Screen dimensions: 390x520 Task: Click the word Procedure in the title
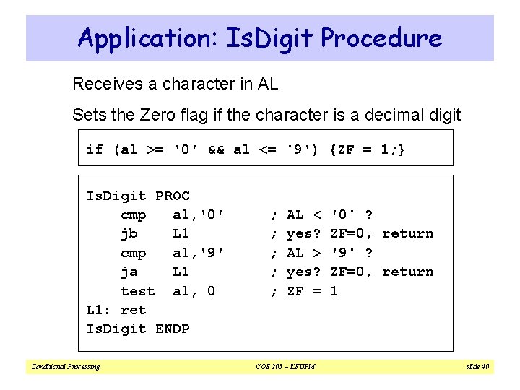pos(382,38)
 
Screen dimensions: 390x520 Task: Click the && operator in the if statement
pos(215,149)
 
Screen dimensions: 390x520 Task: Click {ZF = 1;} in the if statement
pos(368,149)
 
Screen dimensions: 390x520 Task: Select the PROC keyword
pos(173,196)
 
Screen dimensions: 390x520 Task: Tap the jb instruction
pos(129,234)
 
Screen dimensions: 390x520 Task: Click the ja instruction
pos(129,272)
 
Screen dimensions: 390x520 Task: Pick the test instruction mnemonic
pos(137,291)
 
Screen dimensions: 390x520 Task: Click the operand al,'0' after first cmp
pos(199,214)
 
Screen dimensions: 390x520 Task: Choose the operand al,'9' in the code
pos(199,253)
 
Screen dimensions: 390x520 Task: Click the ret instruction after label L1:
pos(134,310)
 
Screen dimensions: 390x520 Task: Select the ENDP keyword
pos(173,329)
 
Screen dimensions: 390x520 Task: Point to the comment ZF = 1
pos(312,291)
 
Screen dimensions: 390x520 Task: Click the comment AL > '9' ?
pos(329,253)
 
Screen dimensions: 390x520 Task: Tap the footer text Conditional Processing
pos(65,367)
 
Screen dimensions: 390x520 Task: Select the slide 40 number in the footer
pos(476,367)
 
